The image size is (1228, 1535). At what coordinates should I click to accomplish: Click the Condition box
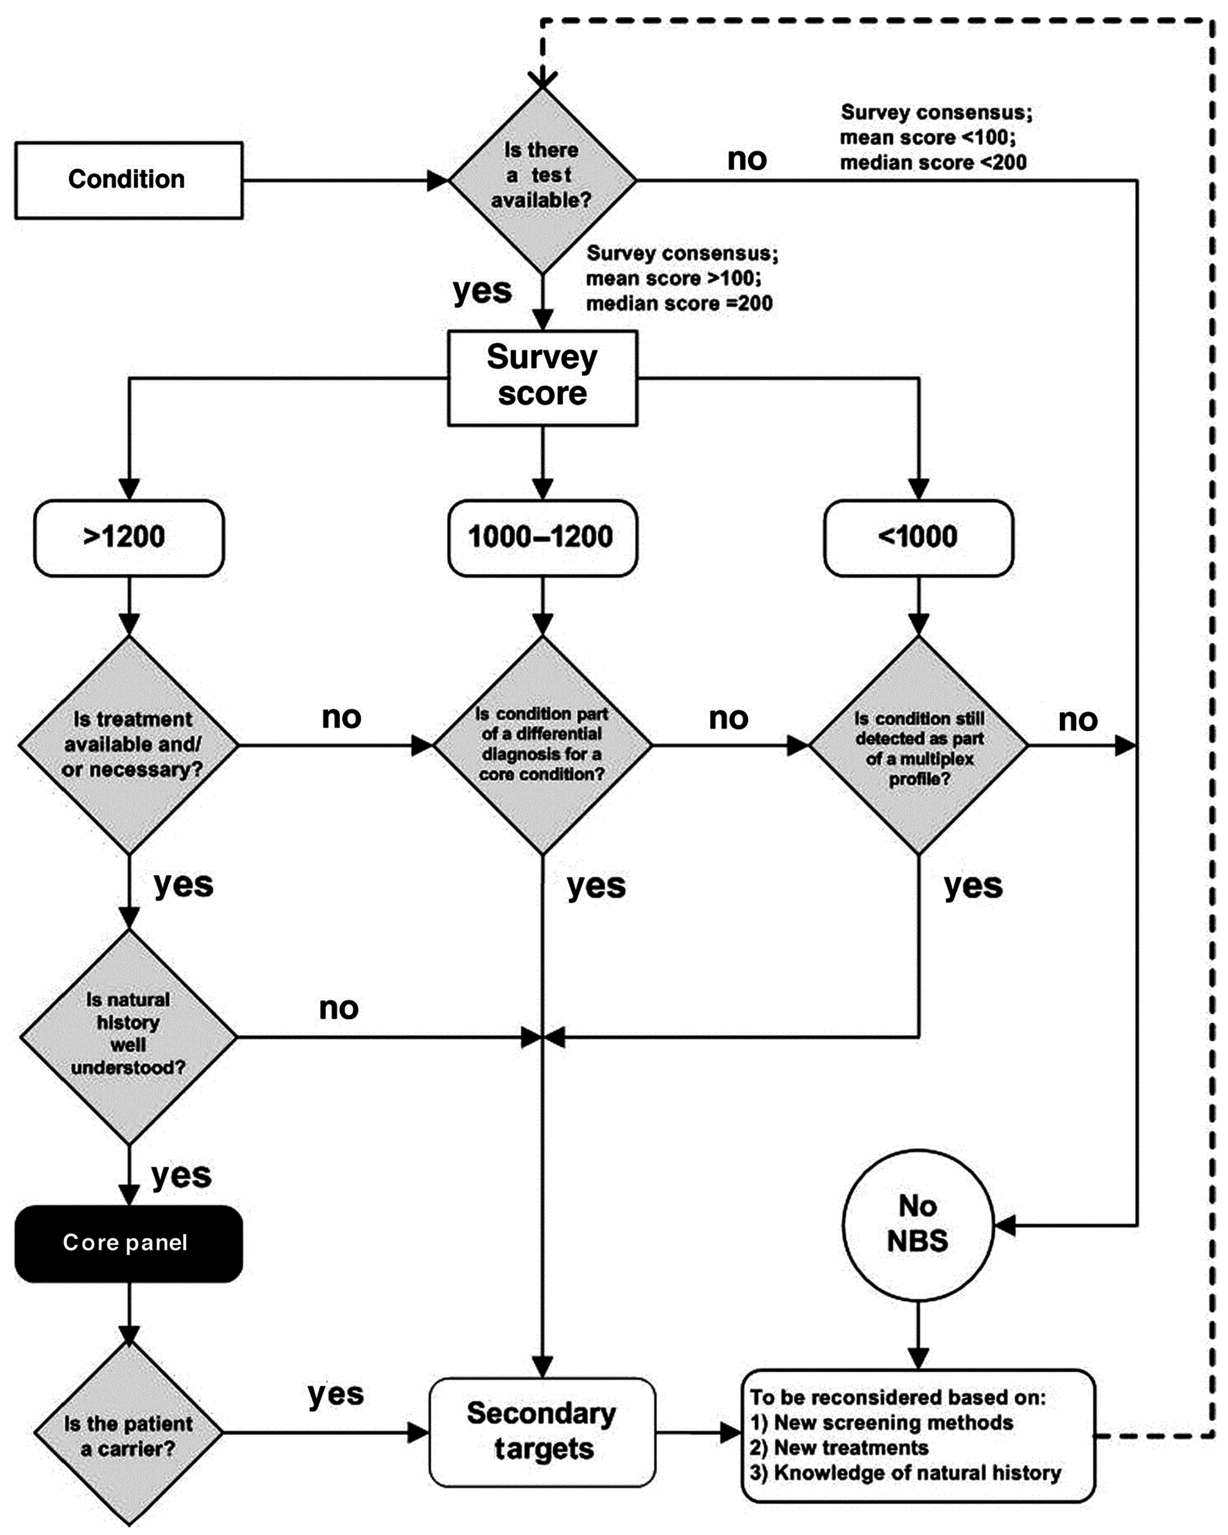click(x=128, y=179)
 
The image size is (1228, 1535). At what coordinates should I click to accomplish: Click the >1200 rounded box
click(x=128, y=537)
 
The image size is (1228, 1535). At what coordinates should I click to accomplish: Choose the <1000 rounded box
click(x=918, y=537)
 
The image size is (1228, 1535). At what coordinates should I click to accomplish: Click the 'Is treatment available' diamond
click(x=128, y=745)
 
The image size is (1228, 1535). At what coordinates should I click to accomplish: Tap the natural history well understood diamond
click(x=128, y=1036)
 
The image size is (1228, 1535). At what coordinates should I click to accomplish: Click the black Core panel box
click(x=128, y=1243)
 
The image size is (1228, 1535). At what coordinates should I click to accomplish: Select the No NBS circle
click(x=918, y=1225)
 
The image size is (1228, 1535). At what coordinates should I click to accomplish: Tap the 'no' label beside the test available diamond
click(x=746, y=159)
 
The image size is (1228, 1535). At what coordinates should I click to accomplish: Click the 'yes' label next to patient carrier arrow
click(x=335, y=1394)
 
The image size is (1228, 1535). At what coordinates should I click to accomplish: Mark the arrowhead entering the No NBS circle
click(x=1004, y=1225)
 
